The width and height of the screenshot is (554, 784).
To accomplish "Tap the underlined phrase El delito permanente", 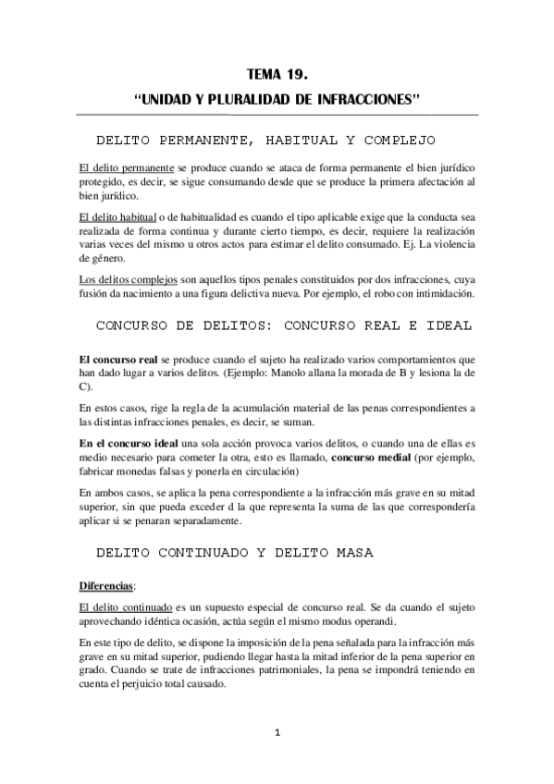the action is [x=113, y=171].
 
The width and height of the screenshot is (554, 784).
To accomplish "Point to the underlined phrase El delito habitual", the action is [x=106, y=216].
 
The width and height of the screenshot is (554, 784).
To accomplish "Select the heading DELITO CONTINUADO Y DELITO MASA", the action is [x=235, y=553].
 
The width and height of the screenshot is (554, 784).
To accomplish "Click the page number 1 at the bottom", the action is [x=277, y=733].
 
